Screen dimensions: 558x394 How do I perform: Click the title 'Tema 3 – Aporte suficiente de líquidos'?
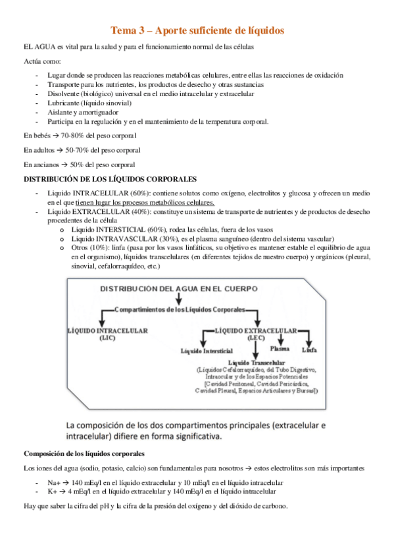[197, 30]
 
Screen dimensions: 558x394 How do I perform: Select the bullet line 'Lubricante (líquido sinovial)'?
[89, 103]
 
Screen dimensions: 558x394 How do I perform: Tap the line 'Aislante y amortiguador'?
[83, 113]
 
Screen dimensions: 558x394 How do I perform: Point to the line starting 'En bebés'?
[80, 136]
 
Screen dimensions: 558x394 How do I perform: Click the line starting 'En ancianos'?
[79, 165]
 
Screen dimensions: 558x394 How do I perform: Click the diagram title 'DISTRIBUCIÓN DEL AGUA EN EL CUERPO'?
[173, 288]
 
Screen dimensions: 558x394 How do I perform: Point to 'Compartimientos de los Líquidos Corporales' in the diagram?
[179, 309]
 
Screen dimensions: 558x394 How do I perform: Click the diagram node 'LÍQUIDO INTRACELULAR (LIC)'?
[108, 333]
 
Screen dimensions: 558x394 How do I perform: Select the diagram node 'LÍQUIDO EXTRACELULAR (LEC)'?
[256, 333]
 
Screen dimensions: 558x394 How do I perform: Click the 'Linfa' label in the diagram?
[309, 349]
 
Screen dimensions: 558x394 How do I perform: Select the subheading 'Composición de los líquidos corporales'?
[84, 453]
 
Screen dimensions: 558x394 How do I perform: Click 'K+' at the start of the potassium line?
[52, 492]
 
